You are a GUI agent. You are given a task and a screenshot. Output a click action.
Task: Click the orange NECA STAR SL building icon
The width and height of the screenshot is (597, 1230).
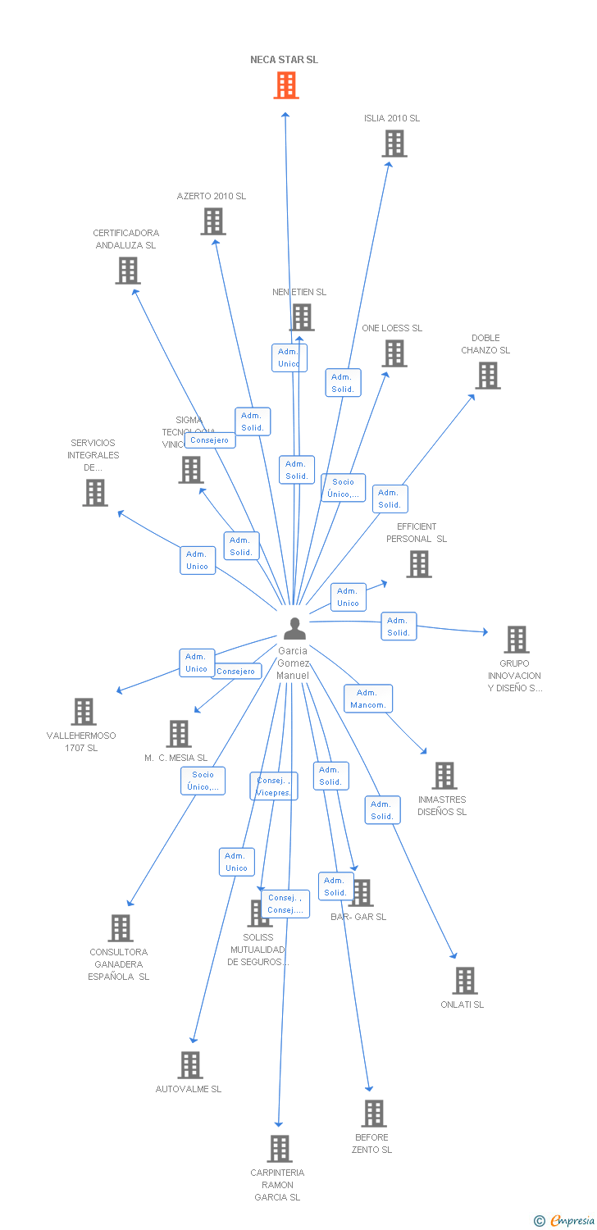click(x=285, y=85)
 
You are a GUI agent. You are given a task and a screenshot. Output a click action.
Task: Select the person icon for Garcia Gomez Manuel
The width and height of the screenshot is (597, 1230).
click(x=294, y=628)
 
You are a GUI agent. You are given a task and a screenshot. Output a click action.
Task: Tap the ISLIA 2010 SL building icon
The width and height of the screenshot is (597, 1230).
click(x=394, y=143)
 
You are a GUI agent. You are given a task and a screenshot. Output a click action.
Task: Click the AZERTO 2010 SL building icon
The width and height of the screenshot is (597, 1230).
click(x=213, y=221)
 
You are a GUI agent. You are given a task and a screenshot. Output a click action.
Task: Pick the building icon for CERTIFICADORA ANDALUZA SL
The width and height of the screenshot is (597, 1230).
click(x=128, y=271)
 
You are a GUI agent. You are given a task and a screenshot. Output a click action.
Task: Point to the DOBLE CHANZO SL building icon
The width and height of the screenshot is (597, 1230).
click(x=488, y=376)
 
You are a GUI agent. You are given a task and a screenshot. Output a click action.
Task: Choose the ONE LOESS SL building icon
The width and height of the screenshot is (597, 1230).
click(x=394, y=353)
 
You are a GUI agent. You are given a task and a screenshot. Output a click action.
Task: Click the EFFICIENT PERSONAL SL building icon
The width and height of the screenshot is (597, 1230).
click(x=419, y=564)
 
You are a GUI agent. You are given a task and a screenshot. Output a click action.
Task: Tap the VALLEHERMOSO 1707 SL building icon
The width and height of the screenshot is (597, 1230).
click(x=84, y=712)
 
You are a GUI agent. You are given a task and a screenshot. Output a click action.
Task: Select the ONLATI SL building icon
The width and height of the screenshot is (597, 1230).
click(x=465, y=981)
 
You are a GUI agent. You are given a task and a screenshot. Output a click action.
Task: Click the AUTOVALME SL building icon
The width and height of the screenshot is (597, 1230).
click(x=190, y=1065)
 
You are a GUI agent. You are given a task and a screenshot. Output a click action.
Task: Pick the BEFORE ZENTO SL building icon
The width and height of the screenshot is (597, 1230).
click(x=374, y=1114)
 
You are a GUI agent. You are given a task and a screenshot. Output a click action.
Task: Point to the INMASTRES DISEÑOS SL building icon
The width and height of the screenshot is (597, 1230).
click(x=444, y=776)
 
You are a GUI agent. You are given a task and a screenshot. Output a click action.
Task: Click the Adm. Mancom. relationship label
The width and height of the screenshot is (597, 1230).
click(x=368, y=699)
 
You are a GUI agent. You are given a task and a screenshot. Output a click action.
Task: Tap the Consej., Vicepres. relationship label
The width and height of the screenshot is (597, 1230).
click(x=273, y=786)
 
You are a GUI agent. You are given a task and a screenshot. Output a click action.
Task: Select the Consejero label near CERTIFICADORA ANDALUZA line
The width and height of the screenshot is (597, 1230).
click(x=210, y=440)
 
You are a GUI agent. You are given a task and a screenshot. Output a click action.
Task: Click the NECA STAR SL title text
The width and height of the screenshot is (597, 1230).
click(x=285, y=60)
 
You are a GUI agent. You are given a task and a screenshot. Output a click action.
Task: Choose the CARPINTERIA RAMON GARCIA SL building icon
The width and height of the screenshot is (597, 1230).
click(x=280, y=1149)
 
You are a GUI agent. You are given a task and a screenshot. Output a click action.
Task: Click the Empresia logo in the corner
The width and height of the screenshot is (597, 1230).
click(x=566, y=1221)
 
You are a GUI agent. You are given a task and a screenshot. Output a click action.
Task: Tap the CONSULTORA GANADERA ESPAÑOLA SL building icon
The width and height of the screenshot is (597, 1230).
click(x=121, y=928)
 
